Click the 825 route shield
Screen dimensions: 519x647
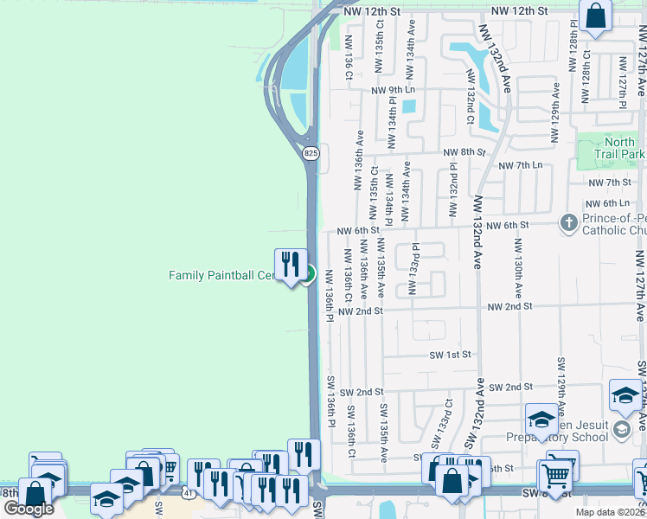[310, 153]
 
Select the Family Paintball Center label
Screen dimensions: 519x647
[221, 275]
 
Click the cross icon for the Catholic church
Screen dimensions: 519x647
[568, 223]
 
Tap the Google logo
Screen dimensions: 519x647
[28, 508]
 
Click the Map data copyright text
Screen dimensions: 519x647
[608, 512]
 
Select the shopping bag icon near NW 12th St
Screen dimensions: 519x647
[595, 16]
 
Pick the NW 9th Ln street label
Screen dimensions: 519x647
[394, 90]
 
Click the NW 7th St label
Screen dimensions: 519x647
[610, 183]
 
